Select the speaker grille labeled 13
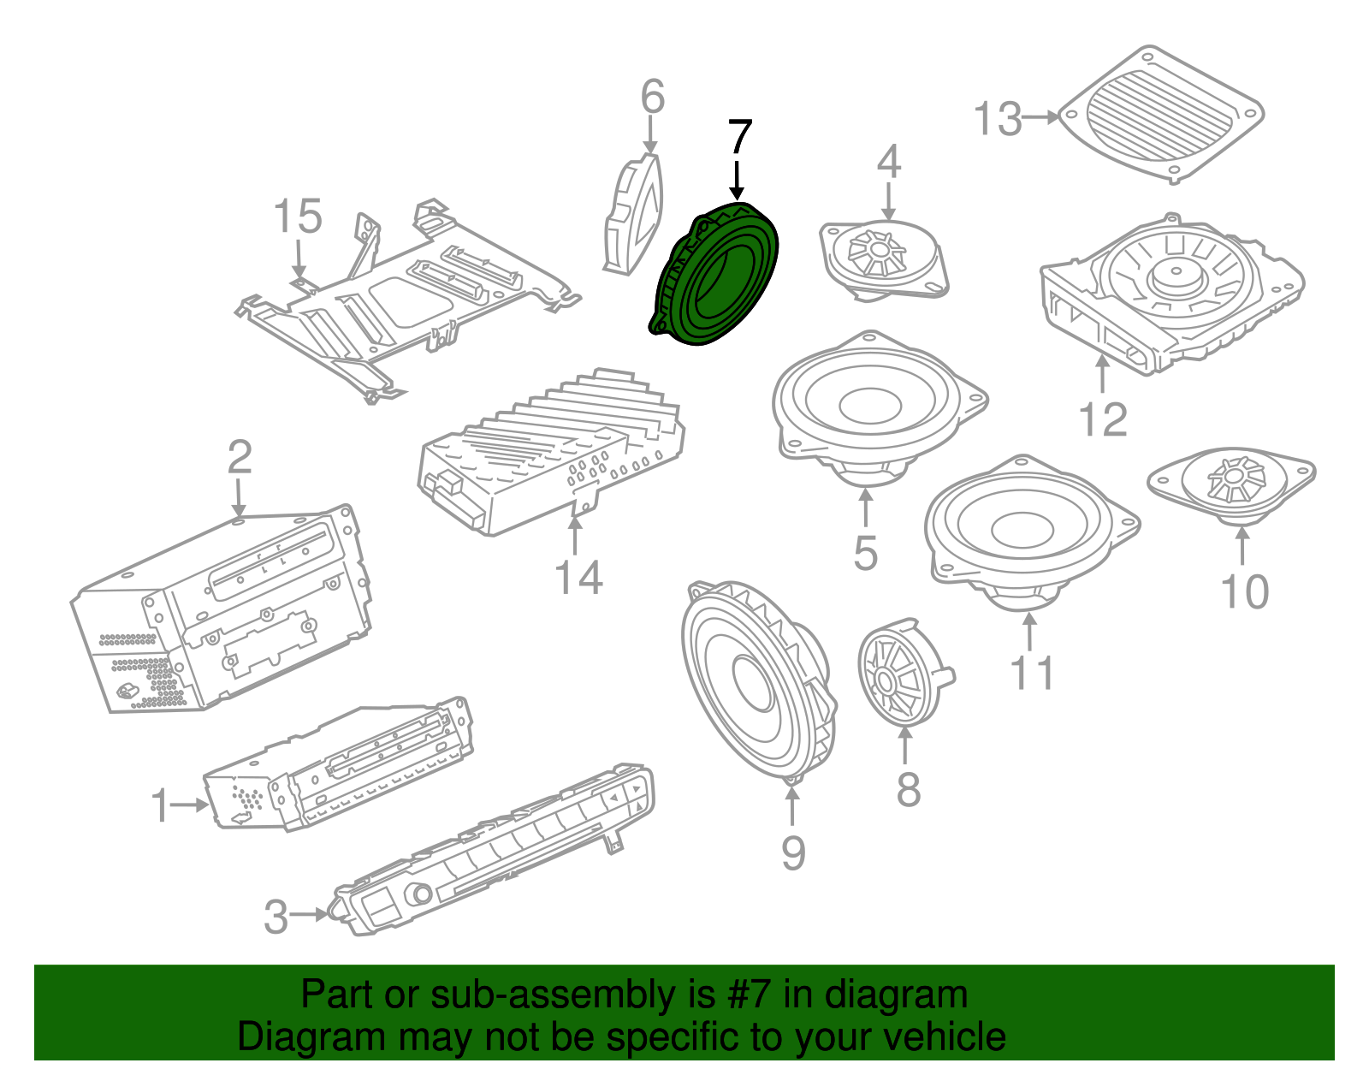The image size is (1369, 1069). [x=1162, y=114]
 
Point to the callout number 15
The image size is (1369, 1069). [x=297, y=217]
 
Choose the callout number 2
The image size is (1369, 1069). [x=240, y=457]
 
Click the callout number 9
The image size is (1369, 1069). [x=793, y=852]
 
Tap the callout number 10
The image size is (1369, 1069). [x=1244, y=591]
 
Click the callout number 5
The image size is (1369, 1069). [x=865, y=553]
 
